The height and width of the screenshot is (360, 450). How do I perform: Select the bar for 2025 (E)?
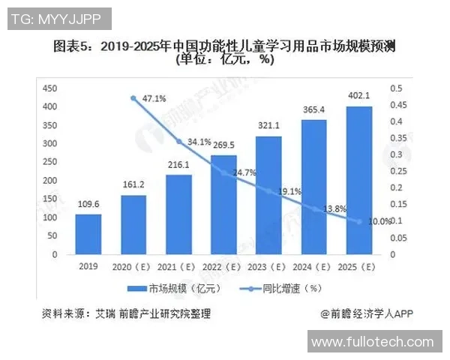[x=358, y=180]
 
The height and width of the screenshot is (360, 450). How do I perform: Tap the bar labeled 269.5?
[x=223, y=205]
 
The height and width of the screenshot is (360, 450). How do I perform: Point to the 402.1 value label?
[x=358, y=95]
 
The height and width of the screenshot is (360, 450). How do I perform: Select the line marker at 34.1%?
[x=178, y=141]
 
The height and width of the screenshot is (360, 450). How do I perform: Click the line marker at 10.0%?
[x=358, y=221]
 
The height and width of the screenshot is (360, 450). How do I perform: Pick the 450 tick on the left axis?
[x=50, y=88]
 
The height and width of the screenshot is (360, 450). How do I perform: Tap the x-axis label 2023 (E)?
[x=268, y=267]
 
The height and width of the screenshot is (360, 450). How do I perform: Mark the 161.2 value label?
[x=133, y=184]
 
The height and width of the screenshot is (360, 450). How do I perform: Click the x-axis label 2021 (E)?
[x=178, y=267]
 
